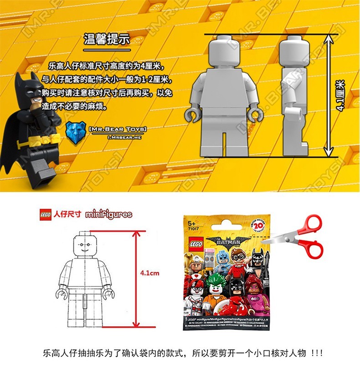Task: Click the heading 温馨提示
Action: click(107, 39)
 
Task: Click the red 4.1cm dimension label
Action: click(149, 273)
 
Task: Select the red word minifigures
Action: click(109, 214)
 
